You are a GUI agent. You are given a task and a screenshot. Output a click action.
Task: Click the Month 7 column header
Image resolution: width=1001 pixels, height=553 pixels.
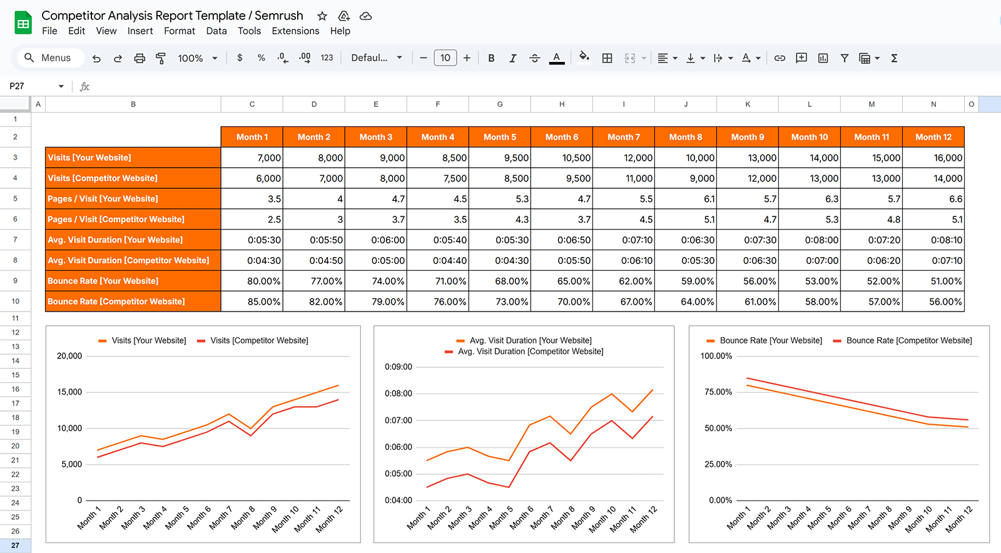(623, 137)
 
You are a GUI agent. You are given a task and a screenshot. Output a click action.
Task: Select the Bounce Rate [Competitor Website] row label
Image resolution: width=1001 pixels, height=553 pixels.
(116, 302)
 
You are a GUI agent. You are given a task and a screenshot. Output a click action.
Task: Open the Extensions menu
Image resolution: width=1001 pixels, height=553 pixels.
(295, 31)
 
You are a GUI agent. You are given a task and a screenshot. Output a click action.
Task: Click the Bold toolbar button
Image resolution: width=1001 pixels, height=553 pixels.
(491, 58)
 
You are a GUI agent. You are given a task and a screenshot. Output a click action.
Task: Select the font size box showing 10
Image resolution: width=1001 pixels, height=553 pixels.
(445, 58)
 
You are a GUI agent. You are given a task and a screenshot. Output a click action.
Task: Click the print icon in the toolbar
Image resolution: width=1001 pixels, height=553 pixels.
(140, 58)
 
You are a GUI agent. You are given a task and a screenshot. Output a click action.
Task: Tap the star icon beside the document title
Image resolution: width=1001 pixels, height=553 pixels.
(322, 16)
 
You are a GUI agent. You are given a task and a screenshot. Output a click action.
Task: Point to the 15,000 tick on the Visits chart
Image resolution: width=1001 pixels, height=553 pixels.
(69, 392)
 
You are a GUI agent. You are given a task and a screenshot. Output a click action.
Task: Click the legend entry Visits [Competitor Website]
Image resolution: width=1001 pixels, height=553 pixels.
(259, 340)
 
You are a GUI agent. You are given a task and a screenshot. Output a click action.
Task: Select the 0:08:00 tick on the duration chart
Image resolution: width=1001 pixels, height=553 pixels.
(399, 393)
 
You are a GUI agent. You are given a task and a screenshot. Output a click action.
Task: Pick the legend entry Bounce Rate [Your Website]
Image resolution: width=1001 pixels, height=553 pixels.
(770, 340)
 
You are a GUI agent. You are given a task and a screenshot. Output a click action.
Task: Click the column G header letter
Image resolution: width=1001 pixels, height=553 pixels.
(500, 104)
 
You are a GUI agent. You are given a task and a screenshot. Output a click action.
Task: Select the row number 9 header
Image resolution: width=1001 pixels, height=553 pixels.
(15, 281)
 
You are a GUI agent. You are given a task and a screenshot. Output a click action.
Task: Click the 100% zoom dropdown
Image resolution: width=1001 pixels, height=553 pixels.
(197, 58)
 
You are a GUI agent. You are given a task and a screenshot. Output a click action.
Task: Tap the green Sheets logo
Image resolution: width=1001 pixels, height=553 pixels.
(23, 24)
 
